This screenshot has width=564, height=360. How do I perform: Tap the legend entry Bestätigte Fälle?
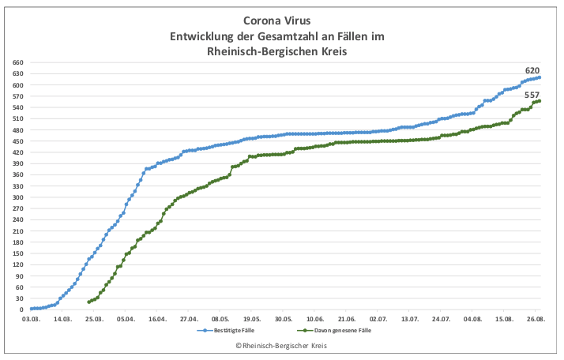[x=235, y=331]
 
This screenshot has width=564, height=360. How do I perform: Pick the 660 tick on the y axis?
[x=18, y=62]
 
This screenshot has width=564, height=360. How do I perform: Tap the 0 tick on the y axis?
[x=23, y=309]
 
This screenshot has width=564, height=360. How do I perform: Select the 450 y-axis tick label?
[x=18, y=141]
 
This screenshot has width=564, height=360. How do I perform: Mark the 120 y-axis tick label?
[x=18, y=264]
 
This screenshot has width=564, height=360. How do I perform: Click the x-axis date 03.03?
[x=31, y=319]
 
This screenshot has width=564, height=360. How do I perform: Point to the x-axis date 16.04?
[x=157, y=319]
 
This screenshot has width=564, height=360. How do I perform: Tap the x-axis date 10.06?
[x=315, y=319]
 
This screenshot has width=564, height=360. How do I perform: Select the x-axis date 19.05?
[x=252, y=319]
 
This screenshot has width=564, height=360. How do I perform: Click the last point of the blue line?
[x=539, y=77]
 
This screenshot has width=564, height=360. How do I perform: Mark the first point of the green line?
[x=88, y=302]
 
